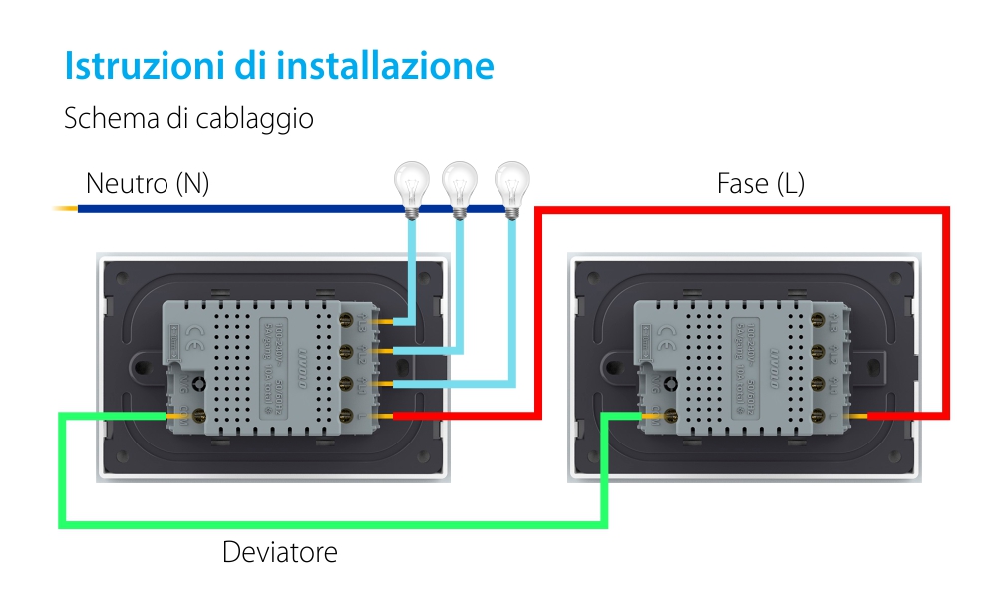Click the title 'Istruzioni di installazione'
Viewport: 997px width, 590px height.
(279, 66)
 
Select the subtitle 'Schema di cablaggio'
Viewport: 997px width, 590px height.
(188, 118)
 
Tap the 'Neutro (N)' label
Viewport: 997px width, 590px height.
(148, 183)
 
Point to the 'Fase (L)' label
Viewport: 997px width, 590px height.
(760, 183)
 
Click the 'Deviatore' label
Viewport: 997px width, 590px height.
(280, 551)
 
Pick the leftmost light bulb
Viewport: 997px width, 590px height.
(411, 187)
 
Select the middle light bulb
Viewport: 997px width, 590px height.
(460, 187)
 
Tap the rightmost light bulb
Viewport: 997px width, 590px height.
(511, 187)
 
